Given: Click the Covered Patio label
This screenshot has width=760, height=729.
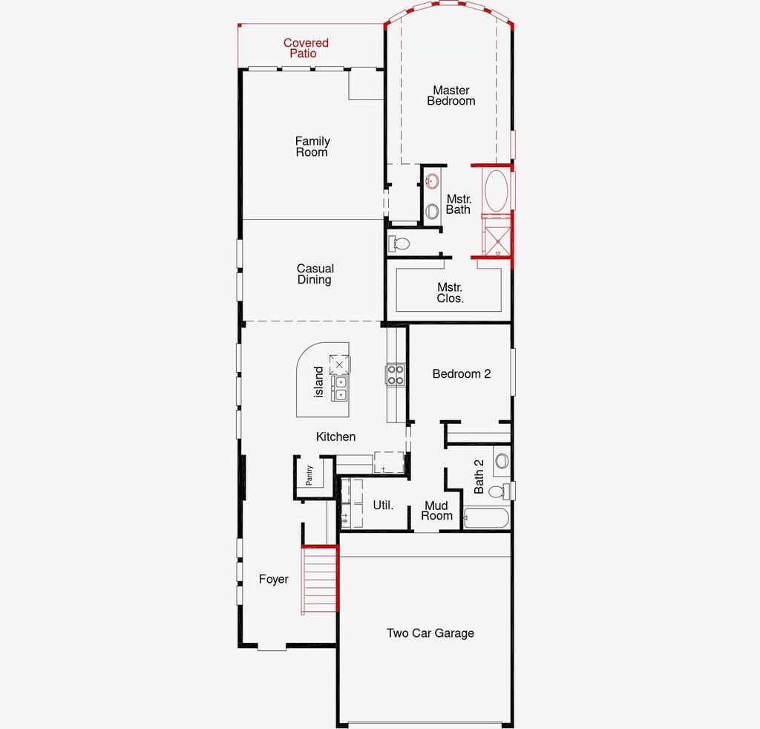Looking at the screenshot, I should (306, 48).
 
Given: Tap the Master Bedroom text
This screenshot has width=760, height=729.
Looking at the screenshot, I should (451, 96).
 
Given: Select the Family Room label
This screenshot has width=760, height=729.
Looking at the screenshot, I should (312, 146).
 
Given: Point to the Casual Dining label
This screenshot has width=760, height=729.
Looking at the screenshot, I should (315, 274).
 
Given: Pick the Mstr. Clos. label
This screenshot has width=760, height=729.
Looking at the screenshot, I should (451, 292).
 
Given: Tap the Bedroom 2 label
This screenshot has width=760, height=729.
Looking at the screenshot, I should (462, 374).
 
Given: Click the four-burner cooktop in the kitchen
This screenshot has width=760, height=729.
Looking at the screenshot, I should (395, 374).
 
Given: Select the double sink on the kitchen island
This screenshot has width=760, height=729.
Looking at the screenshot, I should (340, 388).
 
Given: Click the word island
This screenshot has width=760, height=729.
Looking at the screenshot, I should (319, 382).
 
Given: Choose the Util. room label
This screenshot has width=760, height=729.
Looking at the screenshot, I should (383, 506).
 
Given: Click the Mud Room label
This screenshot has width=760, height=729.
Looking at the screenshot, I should (436, 511).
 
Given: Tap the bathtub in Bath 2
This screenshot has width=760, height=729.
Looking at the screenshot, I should (486, 517).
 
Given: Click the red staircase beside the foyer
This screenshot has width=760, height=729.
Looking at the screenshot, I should (320, 580).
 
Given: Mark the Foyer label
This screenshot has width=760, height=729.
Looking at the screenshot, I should (273, 579).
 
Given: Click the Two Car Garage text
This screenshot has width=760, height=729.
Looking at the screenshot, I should (430, 633).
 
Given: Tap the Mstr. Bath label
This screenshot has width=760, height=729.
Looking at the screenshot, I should (458, 204).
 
